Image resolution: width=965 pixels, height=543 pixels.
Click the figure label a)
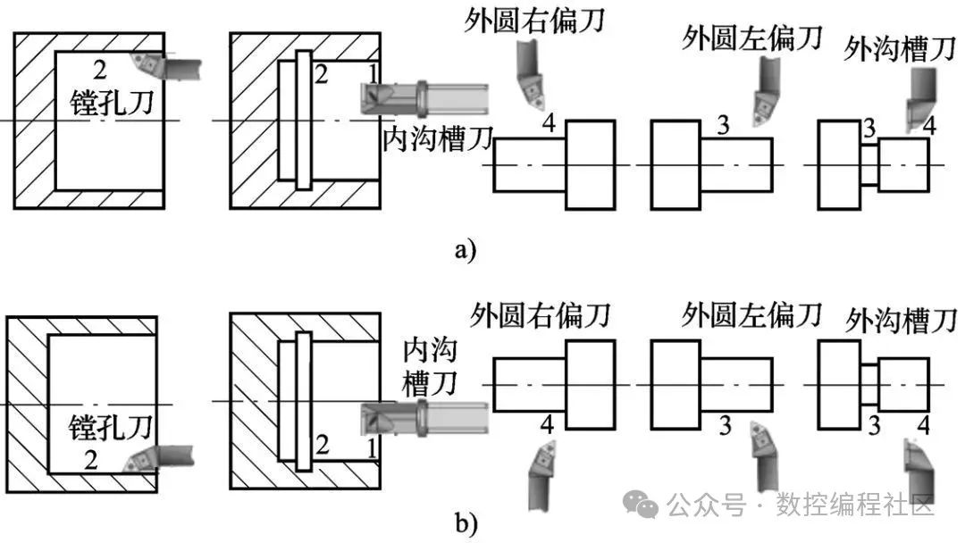pos(466,250)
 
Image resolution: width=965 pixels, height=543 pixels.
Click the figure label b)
pos(466,523)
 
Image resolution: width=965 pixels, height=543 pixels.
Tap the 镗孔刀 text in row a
pos(112,102)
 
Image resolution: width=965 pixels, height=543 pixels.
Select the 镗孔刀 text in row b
pos(111,428)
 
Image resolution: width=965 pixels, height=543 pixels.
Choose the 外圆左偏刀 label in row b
pos(751,315)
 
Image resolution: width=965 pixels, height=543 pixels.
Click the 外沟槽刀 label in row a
pos(899,48)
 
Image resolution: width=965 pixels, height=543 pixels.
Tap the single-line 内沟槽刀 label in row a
pos(438,138)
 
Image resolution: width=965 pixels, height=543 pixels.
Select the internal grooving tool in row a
pos(424,97)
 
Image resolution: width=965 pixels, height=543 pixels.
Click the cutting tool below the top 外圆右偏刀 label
pos(531,74)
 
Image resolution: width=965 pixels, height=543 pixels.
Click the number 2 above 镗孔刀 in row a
pos(100,70)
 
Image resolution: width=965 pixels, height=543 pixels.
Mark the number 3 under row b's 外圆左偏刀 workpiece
pos(725,425)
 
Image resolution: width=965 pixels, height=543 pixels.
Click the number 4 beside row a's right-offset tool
pos(549,123)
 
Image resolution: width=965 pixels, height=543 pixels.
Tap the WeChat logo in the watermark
pos(641,505)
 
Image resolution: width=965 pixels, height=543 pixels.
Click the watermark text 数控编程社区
pos(854,505)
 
